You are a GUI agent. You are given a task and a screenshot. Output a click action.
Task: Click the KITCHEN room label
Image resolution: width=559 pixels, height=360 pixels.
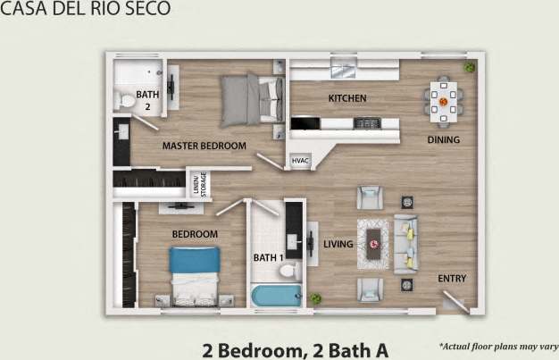click(347, 98)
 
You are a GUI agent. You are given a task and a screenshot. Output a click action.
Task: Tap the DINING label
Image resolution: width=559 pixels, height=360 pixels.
click(443, 139)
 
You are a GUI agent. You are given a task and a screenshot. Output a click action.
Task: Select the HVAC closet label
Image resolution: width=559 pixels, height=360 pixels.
click(300, 161)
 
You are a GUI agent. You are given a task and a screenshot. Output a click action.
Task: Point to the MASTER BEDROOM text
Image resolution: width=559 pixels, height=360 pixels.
click(204, 145)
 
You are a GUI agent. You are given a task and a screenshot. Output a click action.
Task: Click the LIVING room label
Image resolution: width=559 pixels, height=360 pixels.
click(338, 244)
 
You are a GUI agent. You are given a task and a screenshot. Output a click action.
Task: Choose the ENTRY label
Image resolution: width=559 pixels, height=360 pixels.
click(452, 279)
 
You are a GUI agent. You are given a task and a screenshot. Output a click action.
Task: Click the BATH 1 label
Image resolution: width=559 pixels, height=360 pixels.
click(268, 258)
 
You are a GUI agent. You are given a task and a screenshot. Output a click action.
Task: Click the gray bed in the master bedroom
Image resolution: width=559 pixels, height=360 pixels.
click(252, 98)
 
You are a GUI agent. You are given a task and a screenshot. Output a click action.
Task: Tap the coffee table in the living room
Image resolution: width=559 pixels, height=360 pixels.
click(372, 241)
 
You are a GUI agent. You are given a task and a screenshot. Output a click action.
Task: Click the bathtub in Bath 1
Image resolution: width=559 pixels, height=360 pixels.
click(276, 295)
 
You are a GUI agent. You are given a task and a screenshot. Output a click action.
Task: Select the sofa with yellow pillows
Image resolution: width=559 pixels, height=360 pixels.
click(406, 244)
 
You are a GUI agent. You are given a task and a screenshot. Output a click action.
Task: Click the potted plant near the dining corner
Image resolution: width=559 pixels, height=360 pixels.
click(470, 67)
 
